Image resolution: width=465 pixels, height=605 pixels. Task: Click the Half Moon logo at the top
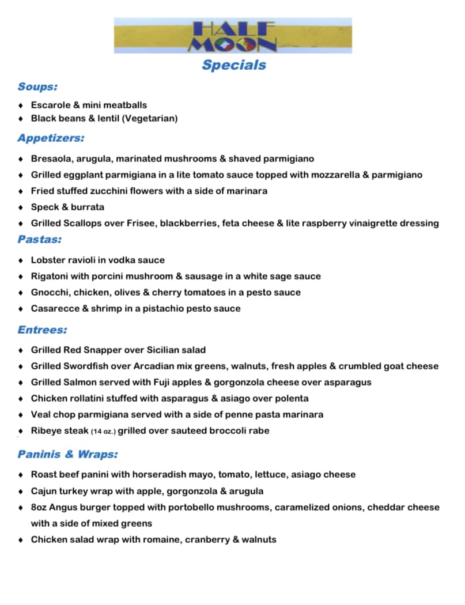233,36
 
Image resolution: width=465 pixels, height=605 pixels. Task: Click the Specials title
233,65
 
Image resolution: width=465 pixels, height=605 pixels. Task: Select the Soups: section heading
37,86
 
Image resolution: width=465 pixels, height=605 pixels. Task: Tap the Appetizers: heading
51,138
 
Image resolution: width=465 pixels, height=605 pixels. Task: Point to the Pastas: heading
39,239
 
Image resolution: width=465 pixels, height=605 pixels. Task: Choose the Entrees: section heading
42,330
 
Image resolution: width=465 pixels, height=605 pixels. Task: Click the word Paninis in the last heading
39,454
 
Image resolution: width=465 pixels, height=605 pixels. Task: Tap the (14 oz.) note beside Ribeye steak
103,431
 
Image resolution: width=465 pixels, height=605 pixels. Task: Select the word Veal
41,414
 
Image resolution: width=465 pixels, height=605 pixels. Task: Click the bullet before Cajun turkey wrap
21,491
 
